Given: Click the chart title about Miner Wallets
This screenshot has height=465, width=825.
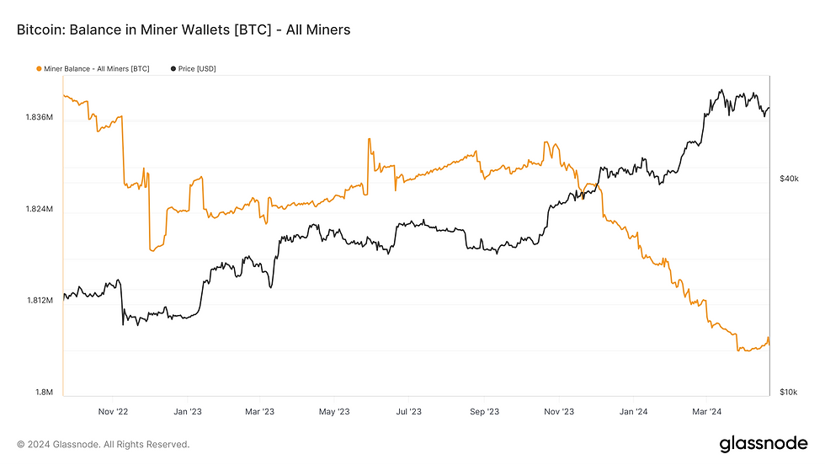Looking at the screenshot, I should pos(183,30).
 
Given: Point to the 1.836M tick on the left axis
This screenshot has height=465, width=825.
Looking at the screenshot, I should pos(40,117).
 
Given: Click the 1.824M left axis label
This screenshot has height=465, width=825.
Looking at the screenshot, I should pos(40,209).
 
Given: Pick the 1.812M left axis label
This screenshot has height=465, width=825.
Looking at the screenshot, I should pos(40,301).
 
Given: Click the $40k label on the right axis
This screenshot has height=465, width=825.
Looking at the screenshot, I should pos(789,179).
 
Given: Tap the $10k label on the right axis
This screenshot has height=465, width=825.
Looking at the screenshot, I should pos(789,393).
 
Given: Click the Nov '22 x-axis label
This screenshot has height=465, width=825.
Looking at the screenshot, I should pos(112,412).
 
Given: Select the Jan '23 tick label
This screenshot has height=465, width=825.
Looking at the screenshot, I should pos(186,412).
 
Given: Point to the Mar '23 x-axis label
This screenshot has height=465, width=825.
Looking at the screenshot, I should pos(260,412).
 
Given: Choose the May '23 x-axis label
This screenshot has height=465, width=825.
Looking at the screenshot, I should pos(334,412).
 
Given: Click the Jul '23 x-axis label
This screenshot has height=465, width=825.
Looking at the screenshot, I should pos(409,412).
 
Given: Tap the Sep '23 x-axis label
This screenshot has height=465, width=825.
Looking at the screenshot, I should pos(483,412).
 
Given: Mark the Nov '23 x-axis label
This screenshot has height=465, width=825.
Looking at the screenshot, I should pos(558,412).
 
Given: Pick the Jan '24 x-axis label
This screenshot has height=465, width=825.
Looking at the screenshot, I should pos(632,412).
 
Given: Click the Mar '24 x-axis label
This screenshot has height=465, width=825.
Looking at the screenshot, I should pos(706,412).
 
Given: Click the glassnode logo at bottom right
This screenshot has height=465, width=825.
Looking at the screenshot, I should pos(763,444).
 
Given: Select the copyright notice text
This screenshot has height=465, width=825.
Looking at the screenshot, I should pos(104,444).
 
